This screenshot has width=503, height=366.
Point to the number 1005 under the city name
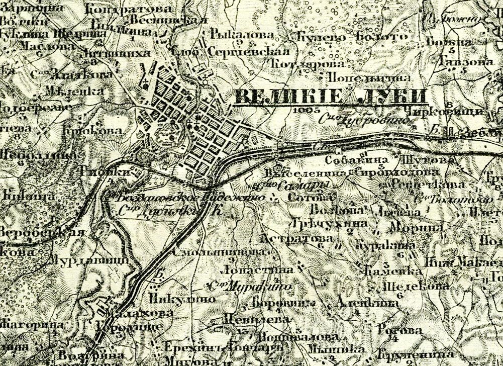tap(307, 109)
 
